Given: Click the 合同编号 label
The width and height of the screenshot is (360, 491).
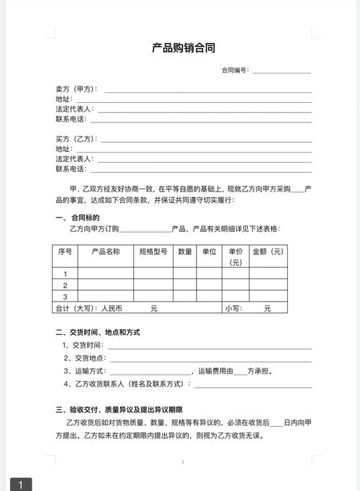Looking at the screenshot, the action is [235, 71].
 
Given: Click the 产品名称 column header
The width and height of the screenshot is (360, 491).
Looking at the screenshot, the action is [105, 251].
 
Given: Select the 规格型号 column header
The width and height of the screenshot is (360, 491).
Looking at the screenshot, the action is [153, 251].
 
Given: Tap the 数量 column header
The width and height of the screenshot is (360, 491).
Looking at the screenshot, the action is [184, 251].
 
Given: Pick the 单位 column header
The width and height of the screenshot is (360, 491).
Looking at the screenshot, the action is [209, 251].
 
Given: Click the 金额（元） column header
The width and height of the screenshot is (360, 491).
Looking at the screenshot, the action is [268, 251].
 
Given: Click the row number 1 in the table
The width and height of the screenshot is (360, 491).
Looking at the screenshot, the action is [65, 274].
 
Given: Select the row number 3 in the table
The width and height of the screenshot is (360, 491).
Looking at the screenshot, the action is [65, 296].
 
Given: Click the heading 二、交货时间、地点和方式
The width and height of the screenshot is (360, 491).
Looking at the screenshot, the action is [97, 332].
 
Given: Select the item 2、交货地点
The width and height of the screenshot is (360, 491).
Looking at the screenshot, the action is [85, 358].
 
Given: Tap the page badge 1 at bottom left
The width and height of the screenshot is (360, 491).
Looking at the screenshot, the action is [21, 485].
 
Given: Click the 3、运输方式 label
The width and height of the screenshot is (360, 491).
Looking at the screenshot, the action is [85, 371].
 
